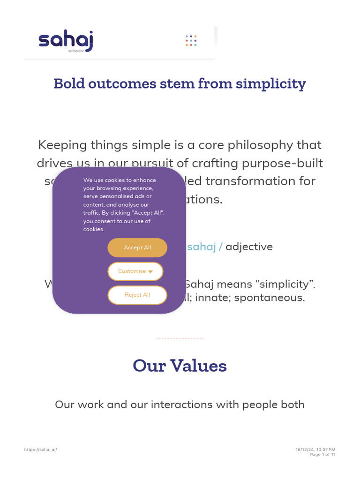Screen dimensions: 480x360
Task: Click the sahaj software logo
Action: coord(66,41)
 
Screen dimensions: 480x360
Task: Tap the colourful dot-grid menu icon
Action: coord(191,41)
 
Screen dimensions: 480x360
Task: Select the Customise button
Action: coord(135,271)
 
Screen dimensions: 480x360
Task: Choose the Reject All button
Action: coord(137,295)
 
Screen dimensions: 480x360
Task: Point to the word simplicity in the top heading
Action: coord(271,84)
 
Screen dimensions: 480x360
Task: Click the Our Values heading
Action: coord(180,366)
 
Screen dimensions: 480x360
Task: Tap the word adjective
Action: coord(249,247)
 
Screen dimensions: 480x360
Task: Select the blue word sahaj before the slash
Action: coord(202,247)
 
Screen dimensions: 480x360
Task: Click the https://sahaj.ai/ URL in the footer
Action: coord(41,450)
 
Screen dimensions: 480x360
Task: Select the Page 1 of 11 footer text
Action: coord(322,455)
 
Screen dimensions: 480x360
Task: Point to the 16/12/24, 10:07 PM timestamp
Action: coord(315,450)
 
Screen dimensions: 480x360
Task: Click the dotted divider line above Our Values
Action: coord(180,338)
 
